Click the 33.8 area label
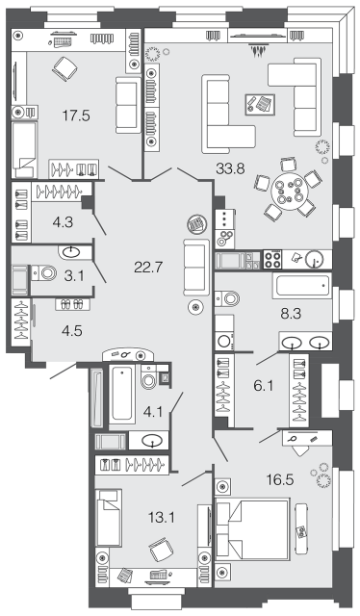230,169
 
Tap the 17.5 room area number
76,115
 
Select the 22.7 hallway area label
148,268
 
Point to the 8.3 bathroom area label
291,314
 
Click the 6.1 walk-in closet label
264,386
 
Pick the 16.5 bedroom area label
280,480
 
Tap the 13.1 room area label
161,518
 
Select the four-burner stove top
272,260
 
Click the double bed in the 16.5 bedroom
252,528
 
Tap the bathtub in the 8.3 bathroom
302,286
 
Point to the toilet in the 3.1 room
44,273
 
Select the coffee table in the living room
260,104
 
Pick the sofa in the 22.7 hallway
195,268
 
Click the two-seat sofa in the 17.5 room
128,105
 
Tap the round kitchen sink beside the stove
315,259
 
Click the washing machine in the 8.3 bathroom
224,341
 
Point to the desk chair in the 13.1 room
162,550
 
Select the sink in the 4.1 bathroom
153,441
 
